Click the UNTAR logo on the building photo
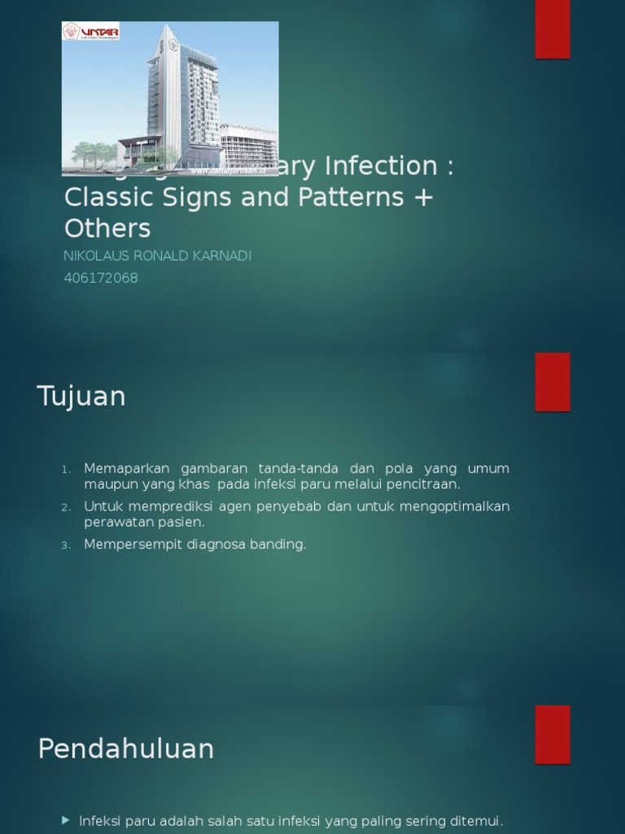tap(91, 32)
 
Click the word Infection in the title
tap(380, 166)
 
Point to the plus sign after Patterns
tap(423, 198)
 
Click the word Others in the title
tap(107, 228)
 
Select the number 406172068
tap(101, 278)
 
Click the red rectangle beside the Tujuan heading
tap(552, 382)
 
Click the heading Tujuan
tap(81, 397)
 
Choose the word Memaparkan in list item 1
tap(126, 468)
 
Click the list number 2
tap(66, 507)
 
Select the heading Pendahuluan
tap(126, 748)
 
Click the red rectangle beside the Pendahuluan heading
tap(552, 735)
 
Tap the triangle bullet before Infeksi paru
tap(66, 820)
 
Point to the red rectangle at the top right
tap(552, 29)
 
